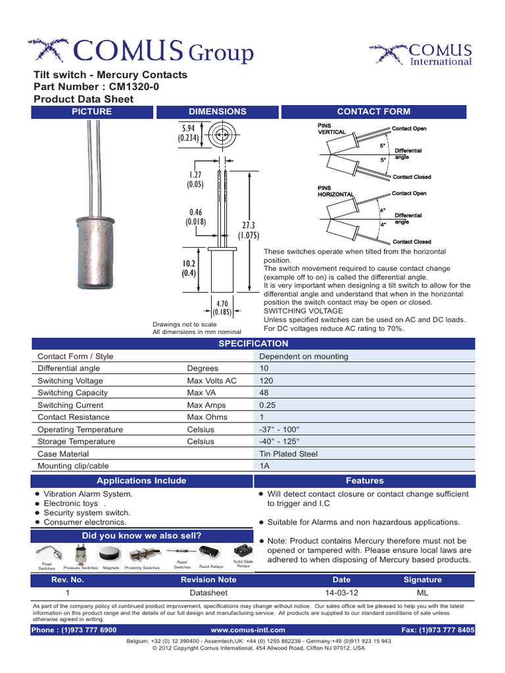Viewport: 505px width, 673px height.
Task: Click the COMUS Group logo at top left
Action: click(x=140, y=51)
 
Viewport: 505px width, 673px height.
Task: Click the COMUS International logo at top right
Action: click(x=421, y=55)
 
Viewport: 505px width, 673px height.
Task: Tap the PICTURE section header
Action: click(x=91, y=112)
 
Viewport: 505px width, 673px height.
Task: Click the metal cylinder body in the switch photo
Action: click(x=92, y=243)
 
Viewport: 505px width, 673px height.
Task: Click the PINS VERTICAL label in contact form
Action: click(x=331, y=128)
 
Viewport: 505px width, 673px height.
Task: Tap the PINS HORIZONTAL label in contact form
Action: click(x=335, y=191)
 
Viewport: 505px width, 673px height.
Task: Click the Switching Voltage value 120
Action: click(x=267, y=381)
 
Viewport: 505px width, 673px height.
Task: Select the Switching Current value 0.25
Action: click(x=268, y=405)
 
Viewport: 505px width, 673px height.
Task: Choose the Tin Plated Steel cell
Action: click(x=289, y=453)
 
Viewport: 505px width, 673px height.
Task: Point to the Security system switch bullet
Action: click(x=87, y=513)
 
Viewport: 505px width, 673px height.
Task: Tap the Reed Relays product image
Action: click(x=211, y=552)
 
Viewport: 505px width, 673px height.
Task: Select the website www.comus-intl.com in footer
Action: click(x=247, y=630)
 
